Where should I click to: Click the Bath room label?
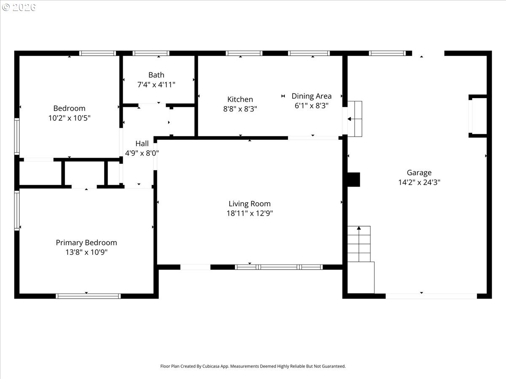[x=156, y=75]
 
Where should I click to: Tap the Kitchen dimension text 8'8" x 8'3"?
[x=240, y=109]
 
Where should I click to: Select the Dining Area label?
[x=312, y=96]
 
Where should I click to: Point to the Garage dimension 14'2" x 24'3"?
[x=419, y=182]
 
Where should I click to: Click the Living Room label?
[x=250, y=204]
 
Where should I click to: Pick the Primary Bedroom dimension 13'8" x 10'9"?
[x=86, y=252]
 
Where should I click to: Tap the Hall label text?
[x=142, y=144]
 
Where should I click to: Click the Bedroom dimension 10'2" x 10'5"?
[x=70, y=118]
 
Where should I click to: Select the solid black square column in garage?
[x=354, y=179]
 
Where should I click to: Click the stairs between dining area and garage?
[x=355, y=119]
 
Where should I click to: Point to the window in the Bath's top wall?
[x=151, y=53]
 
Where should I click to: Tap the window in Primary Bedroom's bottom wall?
[x=88, y=296]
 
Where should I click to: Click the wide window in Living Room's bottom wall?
[x=279, y=267]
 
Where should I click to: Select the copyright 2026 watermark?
[x=19, y=7]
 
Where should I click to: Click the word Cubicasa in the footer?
[x=211, y=366]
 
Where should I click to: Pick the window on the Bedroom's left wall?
[x=17, y=136]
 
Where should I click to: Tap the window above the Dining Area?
[x=309, y=53]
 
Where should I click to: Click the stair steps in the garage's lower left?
[x=359, y=244]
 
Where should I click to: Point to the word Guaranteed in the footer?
[x=334, y=366]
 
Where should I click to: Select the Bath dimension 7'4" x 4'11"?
[x=156, y=85]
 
